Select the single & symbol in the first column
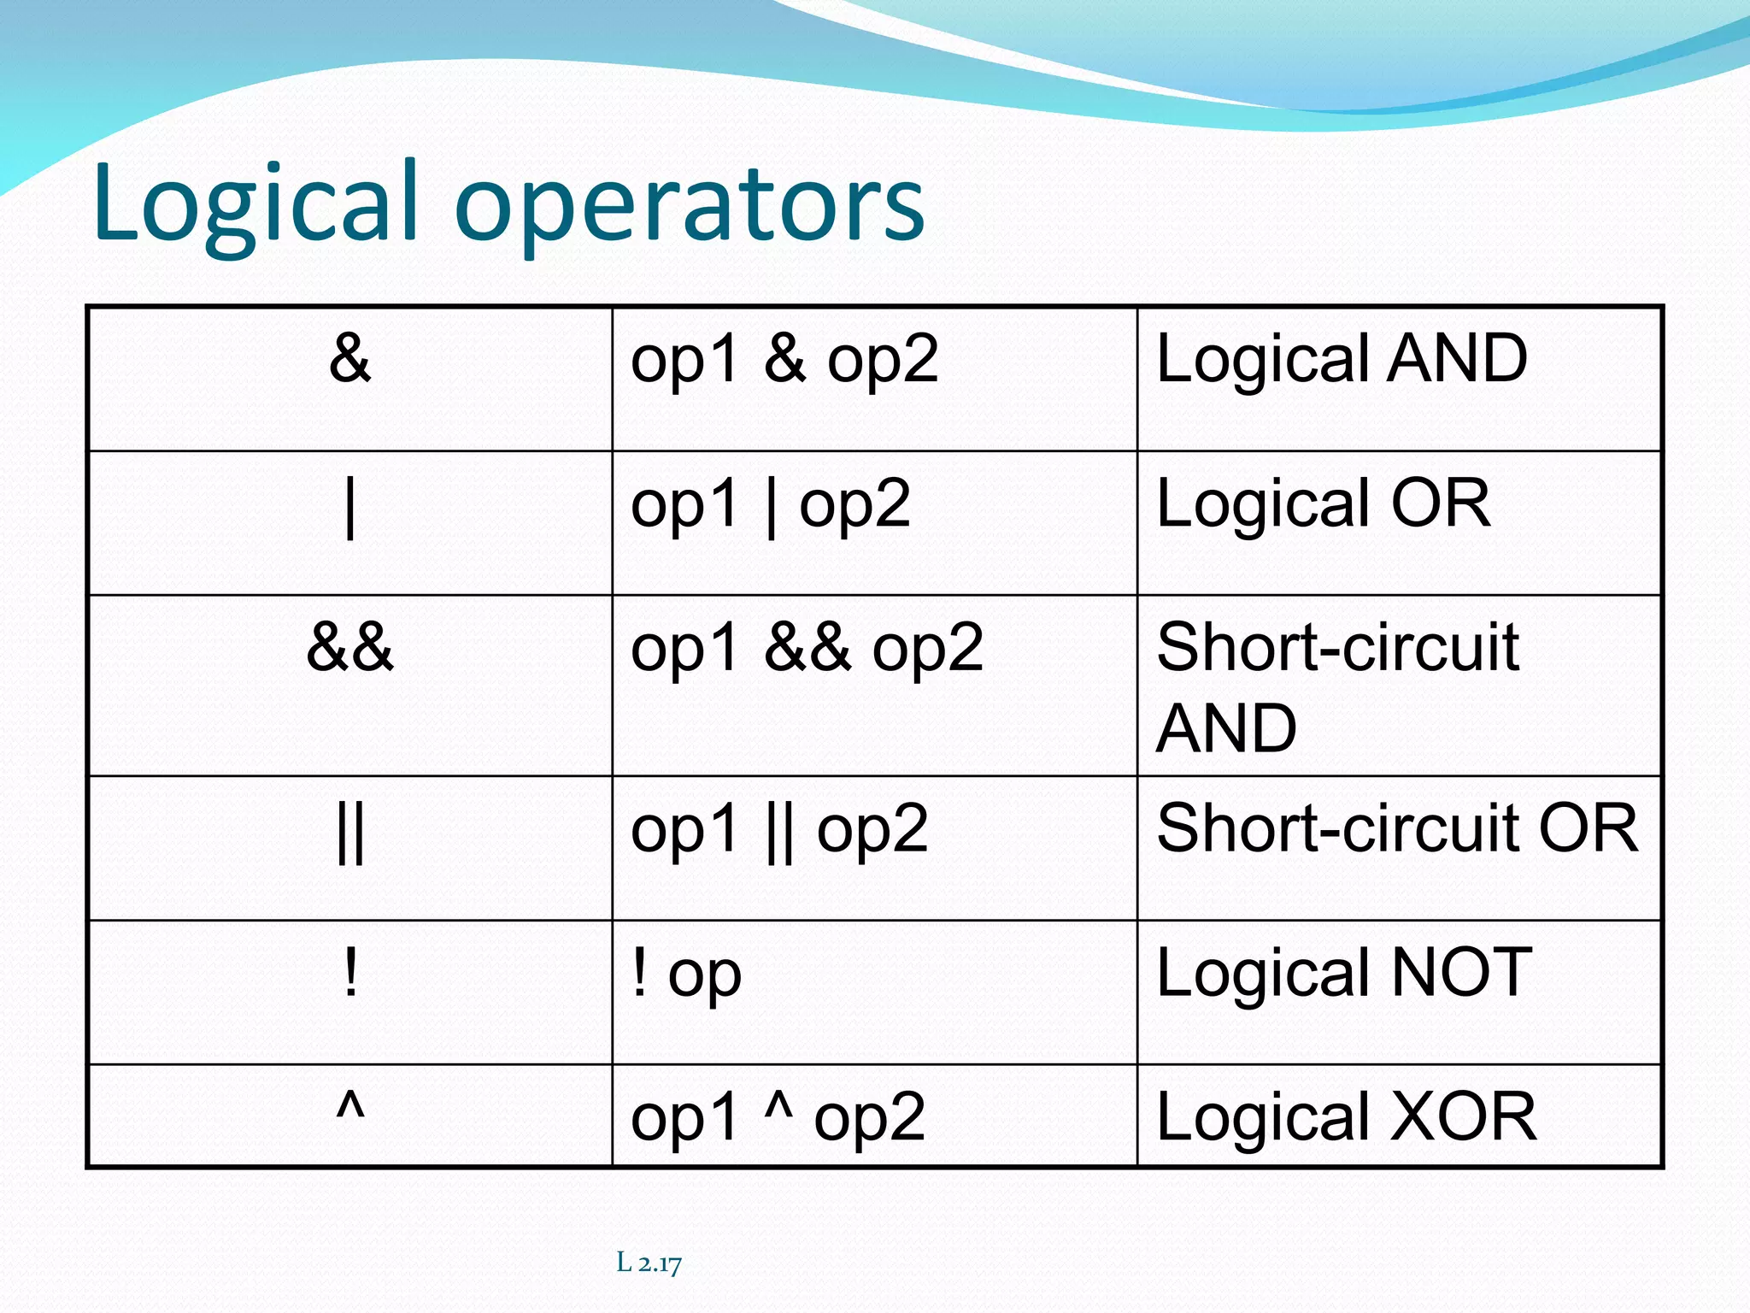(349, 358)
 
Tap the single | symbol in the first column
(349, 508)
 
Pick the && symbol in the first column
(349, 647)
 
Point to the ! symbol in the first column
(349, 974)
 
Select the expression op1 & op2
(784, 360)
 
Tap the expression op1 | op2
(770, 505)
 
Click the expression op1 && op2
(807, 649)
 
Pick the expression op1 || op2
(778, 830)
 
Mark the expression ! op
(686, 974)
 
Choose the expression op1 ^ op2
(777, 1116)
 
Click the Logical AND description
(1341, 360)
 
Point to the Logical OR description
(1323, 505)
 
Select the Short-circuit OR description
(1396, 828)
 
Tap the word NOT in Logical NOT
(1461, 972)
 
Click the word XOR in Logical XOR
(1463, 1116)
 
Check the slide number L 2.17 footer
(649, 1263)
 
